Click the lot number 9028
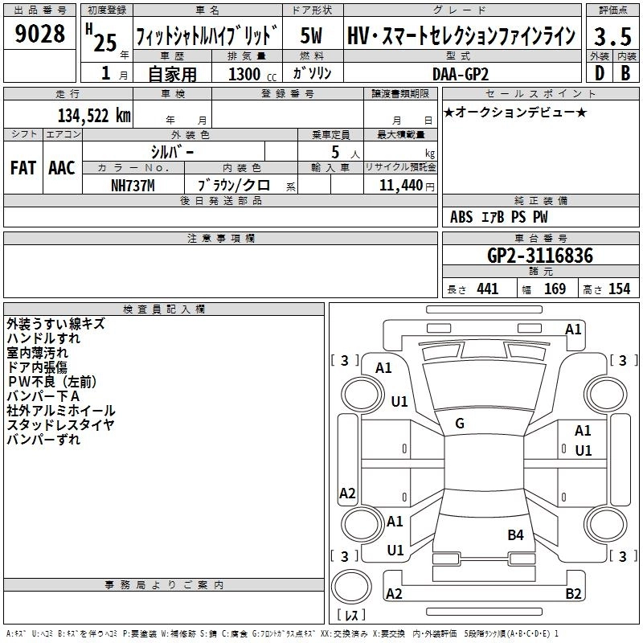click(40, 35)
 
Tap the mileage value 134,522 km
click(95, 116)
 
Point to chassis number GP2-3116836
click(540, 256)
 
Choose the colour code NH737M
click(133, 186)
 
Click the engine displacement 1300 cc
click(248, 74)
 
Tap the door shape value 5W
click(312, 35)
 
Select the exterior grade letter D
click(599, 73)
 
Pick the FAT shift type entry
click(23, 168)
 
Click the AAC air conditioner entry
click(62, 168)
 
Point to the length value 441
click(487, 289)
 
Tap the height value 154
click(619, 289)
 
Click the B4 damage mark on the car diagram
click(515, 534)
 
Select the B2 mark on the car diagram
click(573, 594)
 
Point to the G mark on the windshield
click(461, 424)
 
